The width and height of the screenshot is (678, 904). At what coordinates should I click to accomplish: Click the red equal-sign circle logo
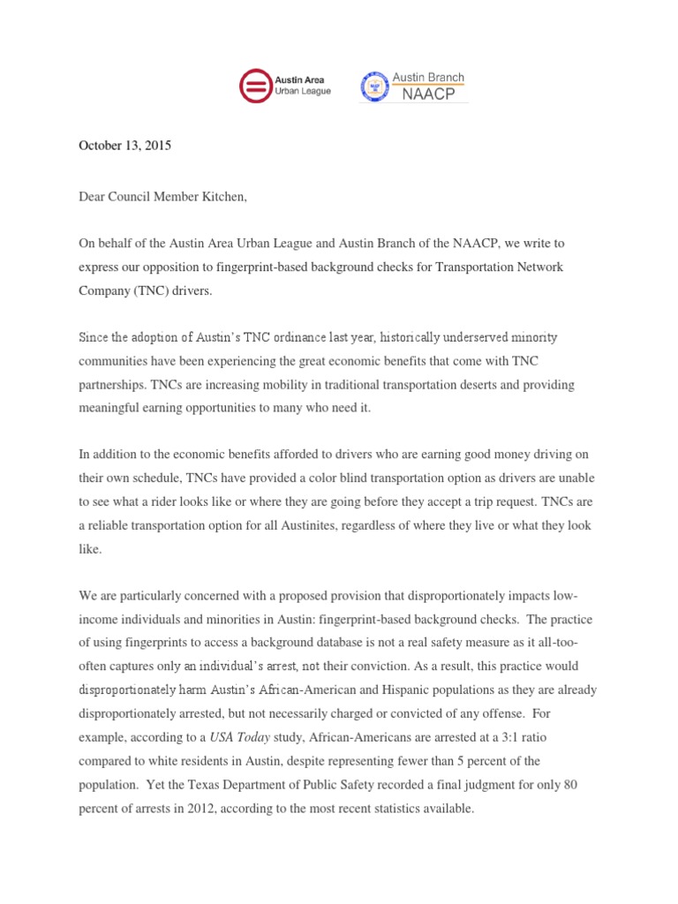[x=256, y=87]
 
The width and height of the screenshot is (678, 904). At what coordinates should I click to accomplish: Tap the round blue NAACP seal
[x=374, y=87]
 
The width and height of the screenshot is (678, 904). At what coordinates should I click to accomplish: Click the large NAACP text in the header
[x=428, y=94]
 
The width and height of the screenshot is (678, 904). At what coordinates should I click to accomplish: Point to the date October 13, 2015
[x=124, y=146]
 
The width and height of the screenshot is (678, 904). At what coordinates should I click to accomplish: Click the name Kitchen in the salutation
[x=222, y=197]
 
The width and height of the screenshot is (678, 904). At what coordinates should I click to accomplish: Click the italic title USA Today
[x=249, y=735]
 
